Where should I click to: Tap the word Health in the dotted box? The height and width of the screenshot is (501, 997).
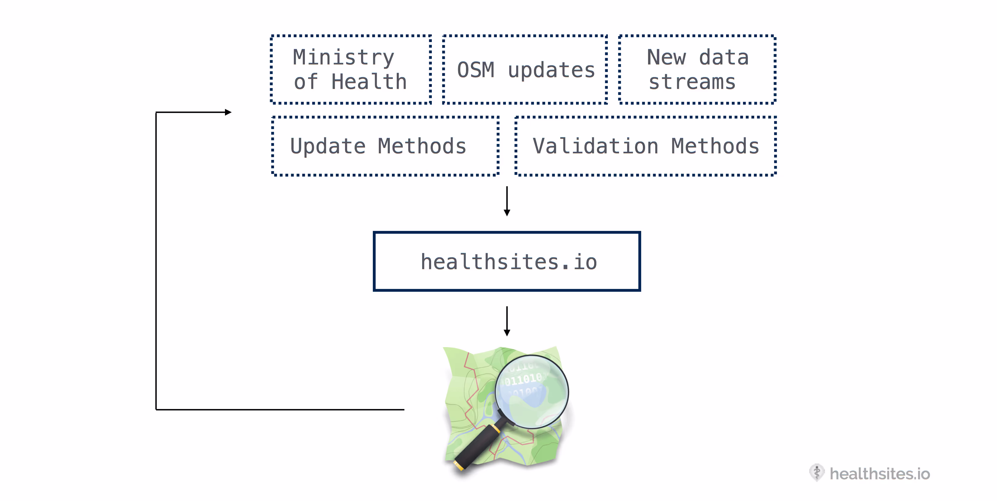click(369, 82)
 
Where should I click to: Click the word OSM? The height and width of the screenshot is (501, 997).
click(476, 70)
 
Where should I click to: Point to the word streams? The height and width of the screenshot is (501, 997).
click(692, 82)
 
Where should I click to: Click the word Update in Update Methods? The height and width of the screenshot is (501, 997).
click(328, 146)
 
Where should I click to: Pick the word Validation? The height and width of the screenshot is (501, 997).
click(595, 146)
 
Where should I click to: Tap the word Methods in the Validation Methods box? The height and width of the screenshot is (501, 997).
click(715, 146)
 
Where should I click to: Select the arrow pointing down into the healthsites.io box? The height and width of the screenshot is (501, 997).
click(507, 201)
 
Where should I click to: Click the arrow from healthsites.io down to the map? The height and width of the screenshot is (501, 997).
click(507, 321)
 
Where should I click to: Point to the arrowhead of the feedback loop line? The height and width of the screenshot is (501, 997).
click(228, 112)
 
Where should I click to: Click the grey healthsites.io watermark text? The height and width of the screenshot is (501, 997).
click(879, 474)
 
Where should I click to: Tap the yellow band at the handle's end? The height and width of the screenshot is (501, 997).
click(459, 465)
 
